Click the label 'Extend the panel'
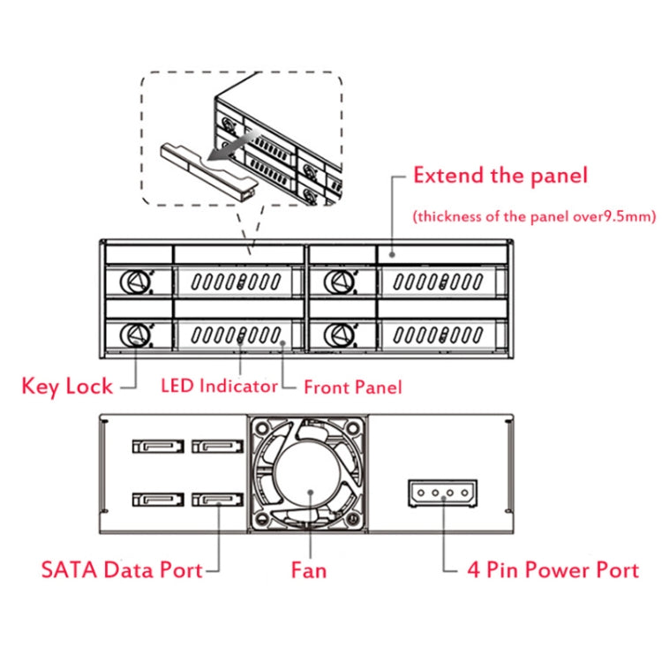pos(500,175)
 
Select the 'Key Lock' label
pos(67,386)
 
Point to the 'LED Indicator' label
pos(219,386)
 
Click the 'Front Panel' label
pos(353,387)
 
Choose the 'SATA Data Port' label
pos(122,569)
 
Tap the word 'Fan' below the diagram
pos(309,570)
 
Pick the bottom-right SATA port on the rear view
pos(217,502)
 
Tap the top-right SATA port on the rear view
pos(217,448)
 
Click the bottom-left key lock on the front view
pos(133,335)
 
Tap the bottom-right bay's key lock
pos(336,335)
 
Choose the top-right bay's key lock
pos(336,282)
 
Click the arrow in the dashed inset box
pos(234,147)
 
